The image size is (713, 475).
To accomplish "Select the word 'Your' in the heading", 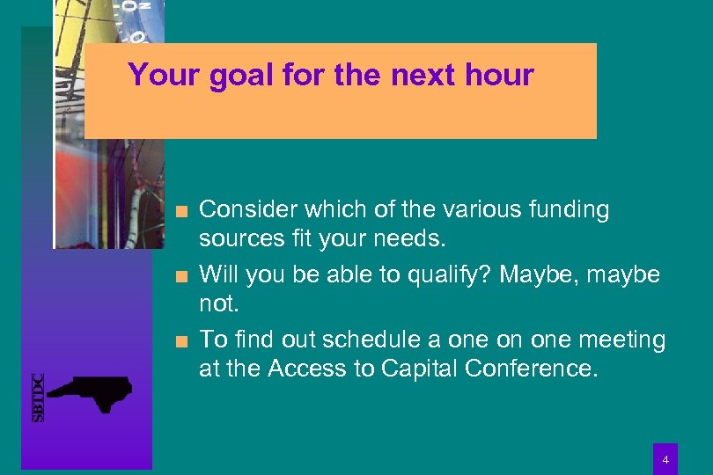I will click(165, 75).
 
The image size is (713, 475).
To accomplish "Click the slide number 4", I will click(665, 459).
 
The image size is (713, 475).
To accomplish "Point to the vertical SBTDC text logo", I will click(38, 397).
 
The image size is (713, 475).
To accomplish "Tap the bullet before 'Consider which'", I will click(181, 211).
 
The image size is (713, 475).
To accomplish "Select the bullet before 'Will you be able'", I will click(181, 276).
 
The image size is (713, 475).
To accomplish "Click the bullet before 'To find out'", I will click(181, 341).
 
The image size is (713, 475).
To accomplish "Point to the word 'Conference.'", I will click(532, 369).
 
